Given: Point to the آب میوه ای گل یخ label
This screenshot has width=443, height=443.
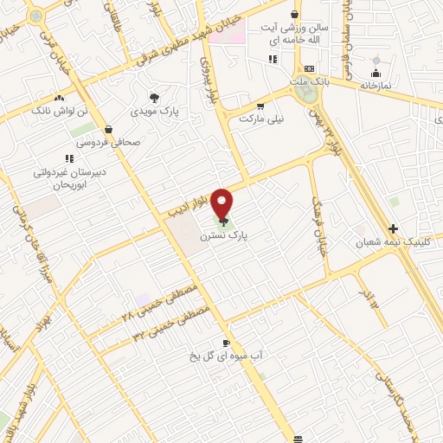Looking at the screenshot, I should [x=224, y=355].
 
